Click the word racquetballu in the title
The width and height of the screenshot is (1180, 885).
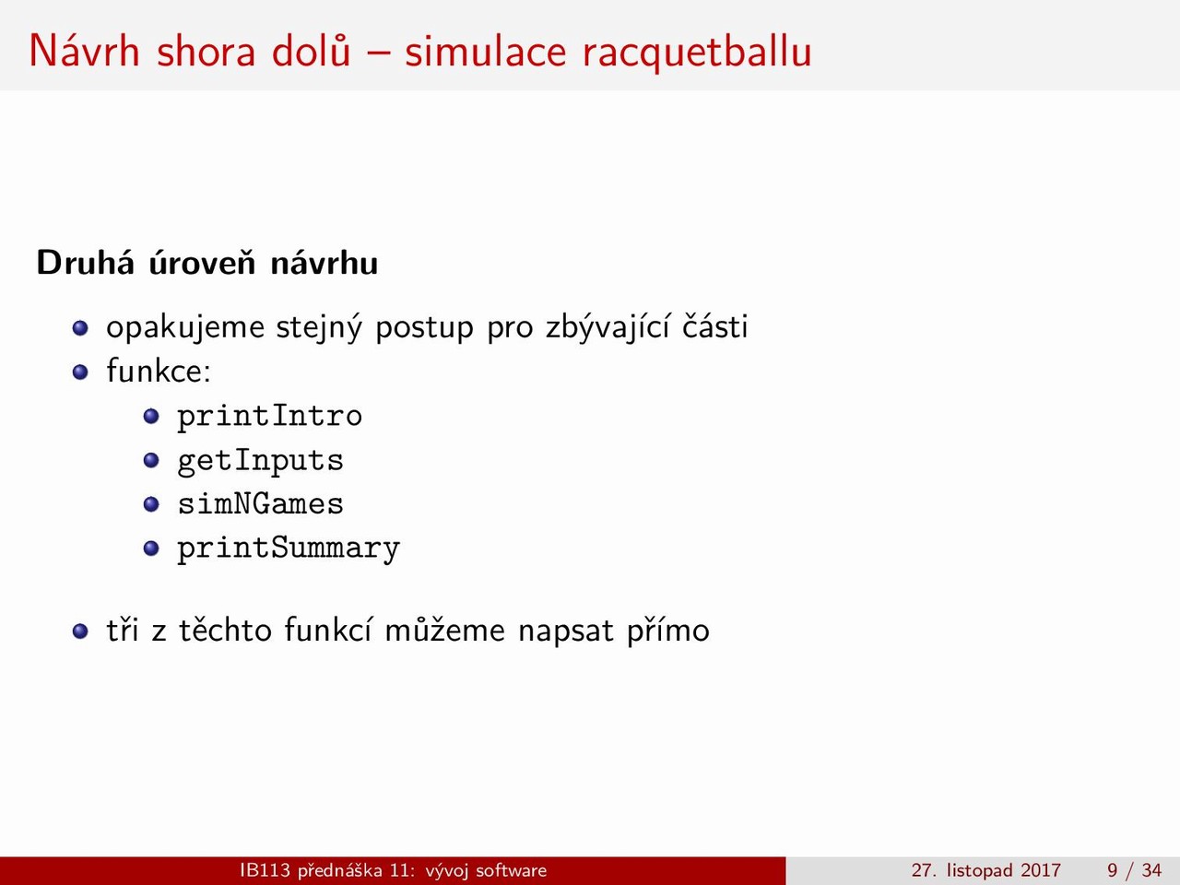pyautogui.click(x=697, y=53)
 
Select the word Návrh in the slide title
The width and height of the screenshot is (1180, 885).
pyautogui.click(x=85, y=50)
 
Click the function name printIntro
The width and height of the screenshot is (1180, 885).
pyautogui.click(x=270, y=417)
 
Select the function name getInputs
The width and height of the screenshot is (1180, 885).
pyautogui.click(x=260, y=461)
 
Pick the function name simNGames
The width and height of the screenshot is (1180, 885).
pyautogui.click(x=260, y=504)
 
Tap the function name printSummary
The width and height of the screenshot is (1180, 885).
pyautogui.click(x=289, y=549)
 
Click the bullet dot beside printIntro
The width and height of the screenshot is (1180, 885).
pyautogui.click(x=151, y=417)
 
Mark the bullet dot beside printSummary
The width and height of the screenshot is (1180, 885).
pyautogui.click(x=151, y=549)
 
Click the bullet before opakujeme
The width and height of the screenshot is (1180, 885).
pyautogui.click(x=80, y=328)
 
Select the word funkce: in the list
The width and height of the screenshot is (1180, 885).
pyautogui.click(x=159, y=371)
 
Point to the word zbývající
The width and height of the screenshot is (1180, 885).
pyautogui.click(x=608, y=328)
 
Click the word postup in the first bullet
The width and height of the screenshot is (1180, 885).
pyautogui.click(x=424, y=328)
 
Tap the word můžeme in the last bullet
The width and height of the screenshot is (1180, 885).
pyautogui.click(x=445, y=631)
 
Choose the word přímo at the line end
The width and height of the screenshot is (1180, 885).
pyautogui.click(x=668, y=631)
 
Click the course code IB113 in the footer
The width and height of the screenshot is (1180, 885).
pyautogui.click(x=265, y=870)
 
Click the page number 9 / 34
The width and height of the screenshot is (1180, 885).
pyautogui.click(x=1134, y=870)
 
